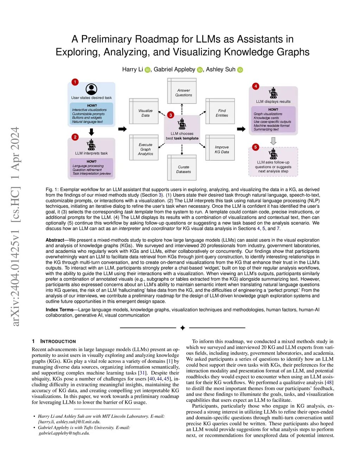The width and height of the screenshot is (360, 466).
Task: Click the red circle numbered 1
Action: click(x=75, y=82)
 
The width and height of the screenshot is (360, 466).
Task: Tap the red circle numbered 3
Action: click(x=171, y=115)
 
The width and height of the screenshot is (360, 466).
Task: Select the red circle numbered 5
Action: click(x=256, y=147)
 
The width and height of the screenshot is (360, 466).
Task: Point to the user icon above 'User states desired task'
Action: click(x=91, y=89)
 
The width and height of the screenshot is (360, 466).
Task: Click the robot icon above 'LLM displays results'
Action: click(x=273, y=93)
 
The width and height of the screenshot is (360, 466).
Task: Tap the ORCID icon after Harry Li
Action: click(x=147, y=70)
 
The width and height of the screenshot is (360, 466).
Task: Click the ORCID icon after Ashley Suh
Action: click(x=240, y=70)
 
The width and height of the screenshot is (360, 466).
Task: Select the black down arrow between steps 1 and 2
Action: click(x=91, y=132)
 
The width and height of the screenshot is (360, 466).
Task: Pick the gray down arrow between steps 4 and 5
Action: click(x=273, y=141)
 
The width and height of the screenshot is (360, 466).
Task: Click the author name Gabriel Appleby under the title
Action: click(x=174, y=69)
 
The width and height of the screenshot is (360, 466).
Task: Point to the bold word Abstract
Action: click(x=55, y=240)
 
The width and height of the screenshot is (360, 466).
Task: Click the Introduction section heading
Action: click(x=58, y=341)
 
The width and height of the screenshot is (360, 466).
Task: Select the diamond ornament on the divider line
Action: click(x=182, y=328)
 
